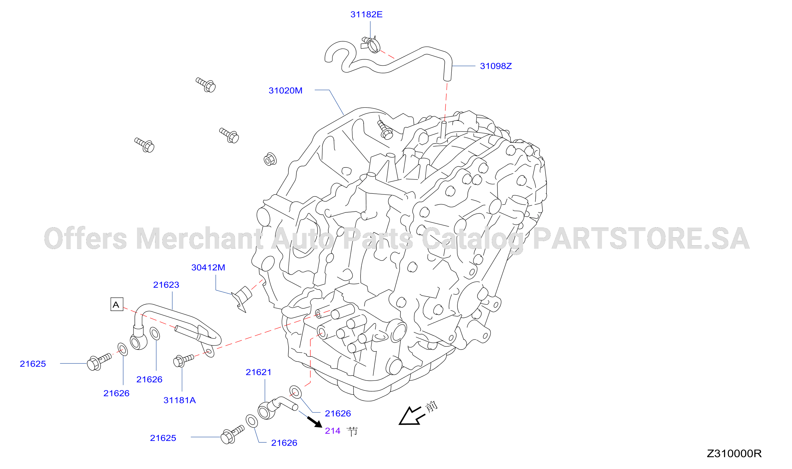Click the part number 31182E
[366, 15]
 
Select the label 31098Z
[496, 66]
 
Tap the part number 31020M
[285, 91]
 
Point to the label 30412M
[208, 268]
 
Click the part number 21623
[166, 285]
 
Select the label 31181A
[180, 400]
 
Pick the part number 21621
[259, 372]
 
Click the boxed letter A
[117, 304]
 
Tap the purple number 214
[333, 431]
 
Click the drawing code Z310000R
[734, 454]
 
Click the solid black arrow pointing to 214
[315, 422]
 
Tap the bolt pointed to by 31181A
[183, 360]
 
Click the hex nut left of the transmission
[270, 159]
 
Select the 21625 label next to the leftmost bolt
[33, 364]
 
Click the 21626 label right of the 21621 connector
[338, 414]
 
